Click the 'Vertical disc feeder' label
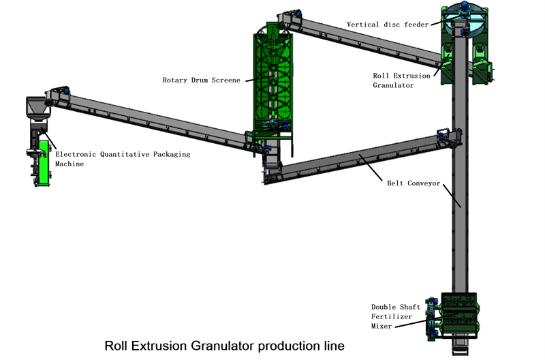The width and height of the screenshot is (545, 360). coord(388,25)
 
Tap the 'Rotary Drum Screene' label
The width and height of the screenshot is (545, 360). coord(201,80)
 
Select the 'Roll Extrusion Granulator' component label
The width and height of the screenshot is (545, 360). coord(401,80)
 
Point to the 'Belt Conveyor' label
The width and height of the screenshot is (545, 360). coord(414,183)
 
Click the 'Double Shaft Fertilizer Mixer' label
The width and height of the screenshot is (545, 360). coord(396,316)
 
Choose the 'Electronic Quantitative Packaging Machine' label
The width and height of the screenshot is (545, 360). coord(123,159)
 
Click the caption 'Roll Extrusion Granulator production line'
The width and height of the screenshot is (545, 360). coord(225,346)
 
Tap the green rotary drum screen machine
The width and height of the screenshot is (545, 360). coord(273,80)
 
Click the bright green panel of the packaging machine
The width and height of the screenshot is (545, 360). coord(44,162)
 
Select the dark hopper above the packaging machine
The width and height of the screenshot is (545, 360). coord(38,108)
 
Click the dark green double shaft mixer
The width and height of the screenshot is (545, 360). coord(459,315)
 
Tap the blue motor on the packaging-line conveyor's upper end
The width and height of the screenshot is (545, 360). coord(65,91)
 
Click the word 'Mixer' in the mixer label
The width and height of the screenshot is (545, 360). coord(381,327)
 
